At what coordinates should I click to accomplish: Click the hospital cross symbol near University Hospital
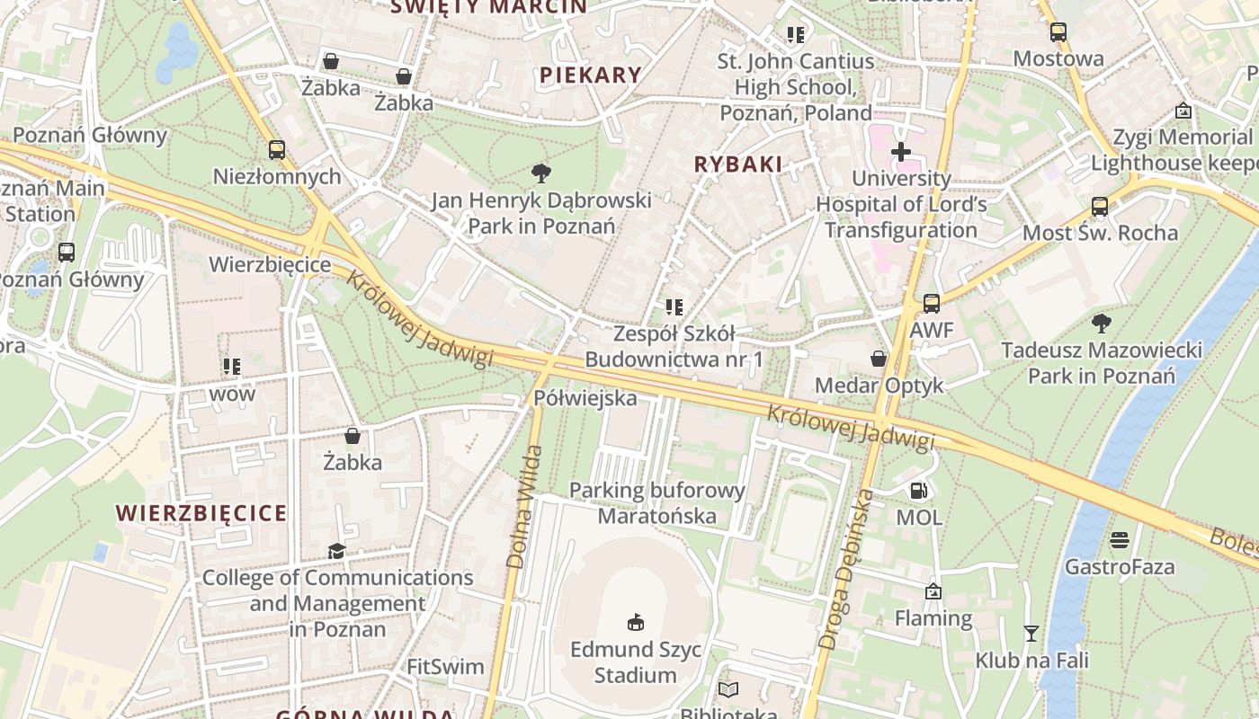click(900, 152)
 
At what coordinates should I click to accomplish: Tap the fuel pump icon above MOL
click(918, 491)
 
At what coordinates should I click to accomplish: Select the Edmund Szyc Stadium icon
click(636, 622)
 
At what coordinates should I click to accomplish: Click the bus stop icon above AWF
click(931, 304)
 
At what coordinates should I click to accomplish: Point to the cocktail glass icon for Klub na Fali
click(1031, 634)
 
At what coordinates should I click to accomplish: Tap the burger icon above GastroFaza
click(1120, 540)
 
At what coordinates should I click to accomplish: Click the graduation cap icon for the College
click(336, 551)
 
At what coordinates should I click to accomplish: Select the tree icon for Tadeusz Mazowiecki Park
click(1101, 323)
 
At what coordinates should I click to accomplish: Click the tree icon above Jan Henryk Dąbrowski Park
click(540, 173)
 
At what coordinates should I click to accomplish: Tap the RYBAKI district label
click(738, 164)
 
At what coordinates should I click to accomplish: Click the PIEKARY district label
click(591, 75)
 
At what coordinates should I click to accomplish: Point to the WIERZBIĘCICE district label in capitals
click(201, 513)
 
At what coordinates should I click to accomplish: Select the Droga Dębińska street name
click(846, 569)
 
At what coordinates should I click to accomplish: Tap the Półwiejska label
click(585, 397)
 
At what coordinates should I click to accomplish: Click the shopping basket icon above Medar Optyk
click(879, 359)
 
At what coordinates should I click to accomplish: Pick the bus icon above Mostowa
click(1058, 32)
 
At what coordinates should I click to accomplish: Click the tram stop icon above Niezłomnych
click(277, 150)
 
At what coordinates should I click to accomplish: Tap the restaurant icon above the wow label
click(232, 367)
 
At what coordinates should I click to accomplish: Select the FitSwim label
click(445, 667)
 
